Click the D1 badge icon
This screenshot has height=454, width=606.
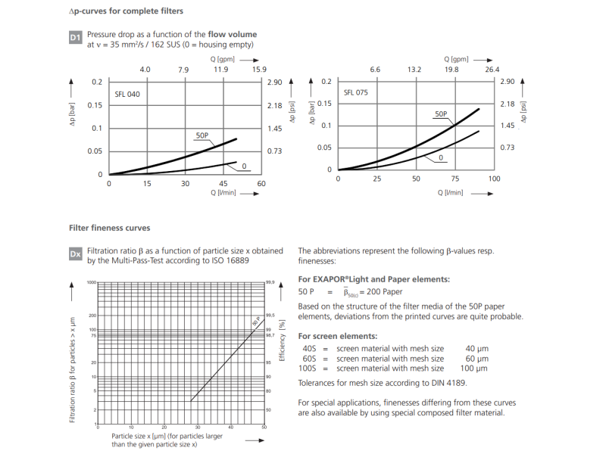75,37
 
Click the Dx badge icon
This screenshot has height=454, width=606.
75,254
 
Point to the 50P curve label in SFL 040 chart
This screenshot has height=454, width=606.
202,135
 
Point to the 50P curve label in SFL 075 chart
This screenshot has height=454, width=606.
441,113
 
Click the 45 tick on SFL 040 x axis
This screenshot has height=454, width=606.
223,184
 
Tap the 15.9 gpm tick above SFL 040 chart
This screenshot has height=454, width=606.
259,70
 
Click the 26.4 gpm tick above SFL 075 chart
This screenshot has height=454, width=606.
492,70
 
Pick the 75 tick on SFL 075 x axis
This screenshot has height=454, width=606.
455,179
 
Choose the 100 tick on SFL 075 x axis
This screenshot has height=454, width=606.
494,179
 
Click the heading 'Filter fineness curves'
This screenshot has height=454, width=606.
109,228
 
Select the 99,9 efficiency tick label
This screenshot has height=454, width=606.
270,283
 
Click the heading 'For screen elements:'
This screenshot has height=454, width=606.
338,335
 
